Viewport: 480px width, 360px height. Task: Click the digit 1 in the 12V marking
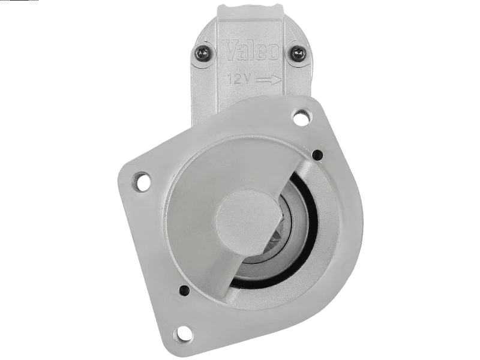(231, 79)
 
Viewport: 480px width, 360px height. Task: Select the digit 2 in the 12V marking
(238, 79)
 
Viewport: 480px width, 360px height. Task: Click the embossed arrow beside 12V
(269, 80)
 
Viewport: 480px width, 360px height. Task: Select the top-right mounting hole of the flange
(301, 117)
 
